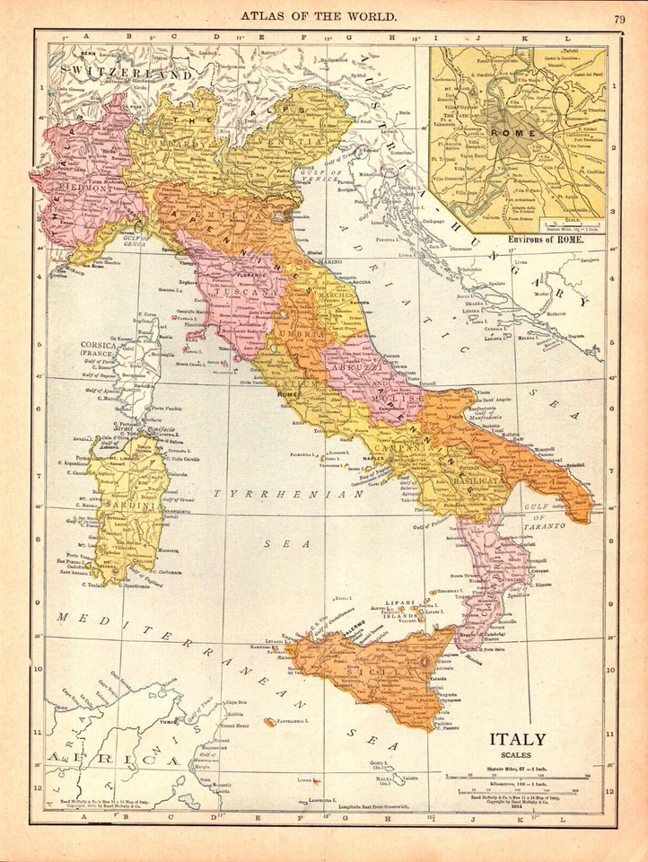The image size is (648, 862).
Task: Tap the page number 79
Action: point(621,19)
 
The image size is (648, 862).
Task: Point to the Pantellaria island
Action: point(270,721)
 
